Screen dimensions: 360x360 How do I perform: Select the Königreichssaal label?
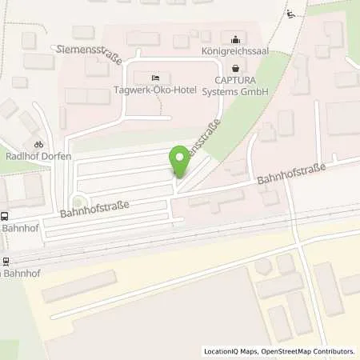pos(234,53)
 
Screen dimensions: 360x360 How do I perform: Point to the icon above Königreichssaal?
pos(234,38)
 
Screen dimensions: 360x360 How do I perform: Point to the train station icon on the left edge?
pos(5,261)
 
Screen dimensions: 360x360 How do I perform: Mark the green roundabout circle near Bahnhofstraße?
pos(78,201)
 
